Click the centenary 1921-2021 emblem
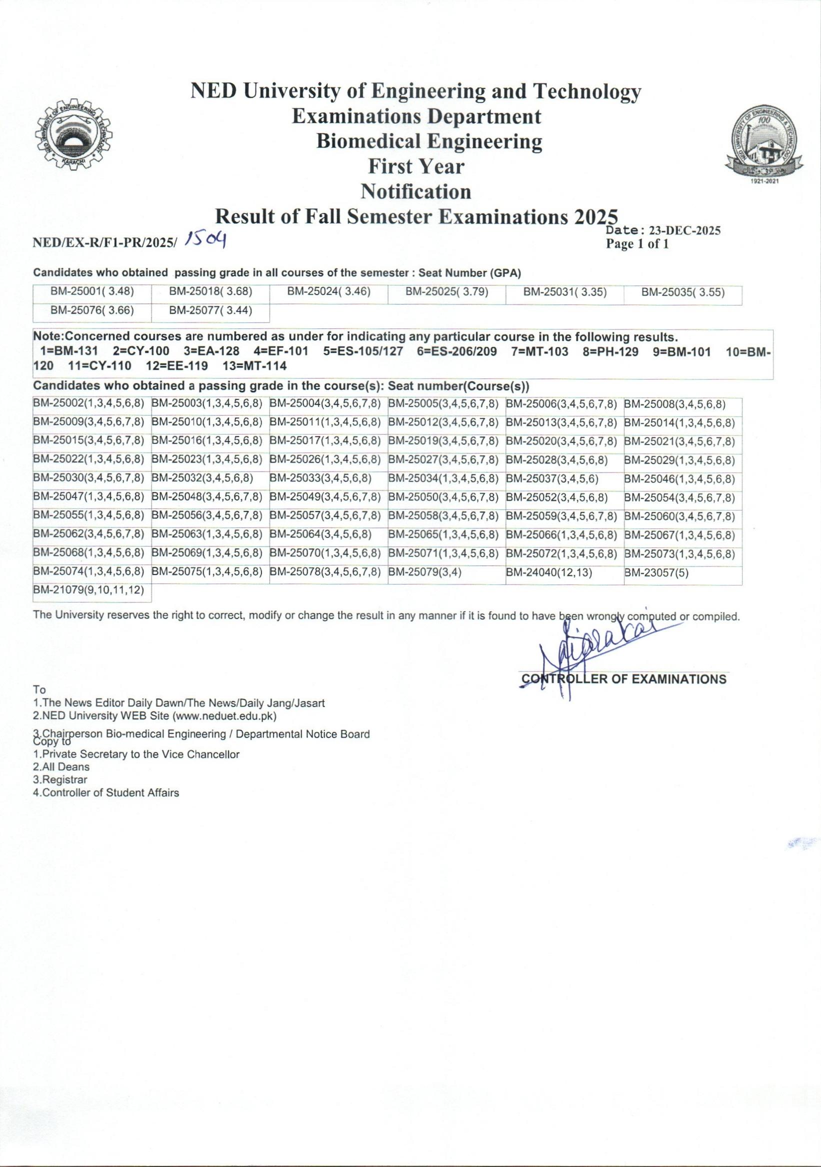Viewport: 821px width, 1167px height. [764, 145]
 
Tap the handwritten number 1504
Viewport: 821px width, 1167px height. [206, 239]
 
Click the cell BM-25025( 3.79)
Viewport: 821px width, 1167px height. [446, 292]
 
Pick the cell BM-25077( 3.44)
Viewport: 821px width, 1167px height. [210, 310]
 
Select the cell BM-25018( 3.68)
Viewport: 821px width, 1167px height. [210, 292]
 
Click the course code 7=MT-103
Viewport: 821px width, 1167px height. [539, 351]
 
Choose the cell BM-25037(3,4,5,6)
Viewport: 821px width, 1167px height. [552, 479]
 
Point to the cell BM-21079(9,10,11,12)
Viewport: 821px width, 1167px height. [88, 590]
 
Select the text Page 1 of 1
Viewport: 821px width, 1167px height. [637, 244]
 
